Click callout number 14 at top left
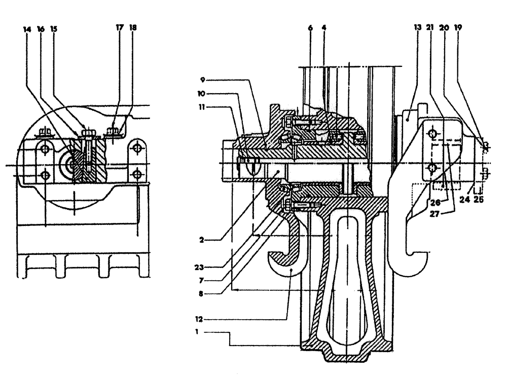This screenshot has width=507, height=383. pyautogui.click(x=27, y=29)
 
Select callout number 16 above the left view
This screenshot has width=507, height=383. pyautogui.click(x=41, y=29)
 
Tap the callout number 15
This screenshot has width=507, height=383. pyautogui.click(x=54, y=29)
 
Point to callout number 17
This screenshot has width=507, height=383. pyautogui.click(x=120, y=29)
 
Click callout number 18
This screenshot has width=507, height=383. pyautogui.click(x=133, y=29)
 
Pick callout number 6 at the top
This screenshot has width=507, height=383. pyautogui.click(x=310, y=29)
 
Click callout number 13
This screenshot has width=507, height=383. pyautogui.click(x=418, y=29)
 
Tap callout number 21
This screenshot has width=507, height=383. pyautogui.click(x=431, y=29)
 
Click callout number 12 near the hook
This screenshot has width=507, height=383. pyautogui.click(x=202, y=319)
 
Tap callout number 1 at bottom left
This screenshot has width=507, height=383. pyautogui.click(x=202, y=333)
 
